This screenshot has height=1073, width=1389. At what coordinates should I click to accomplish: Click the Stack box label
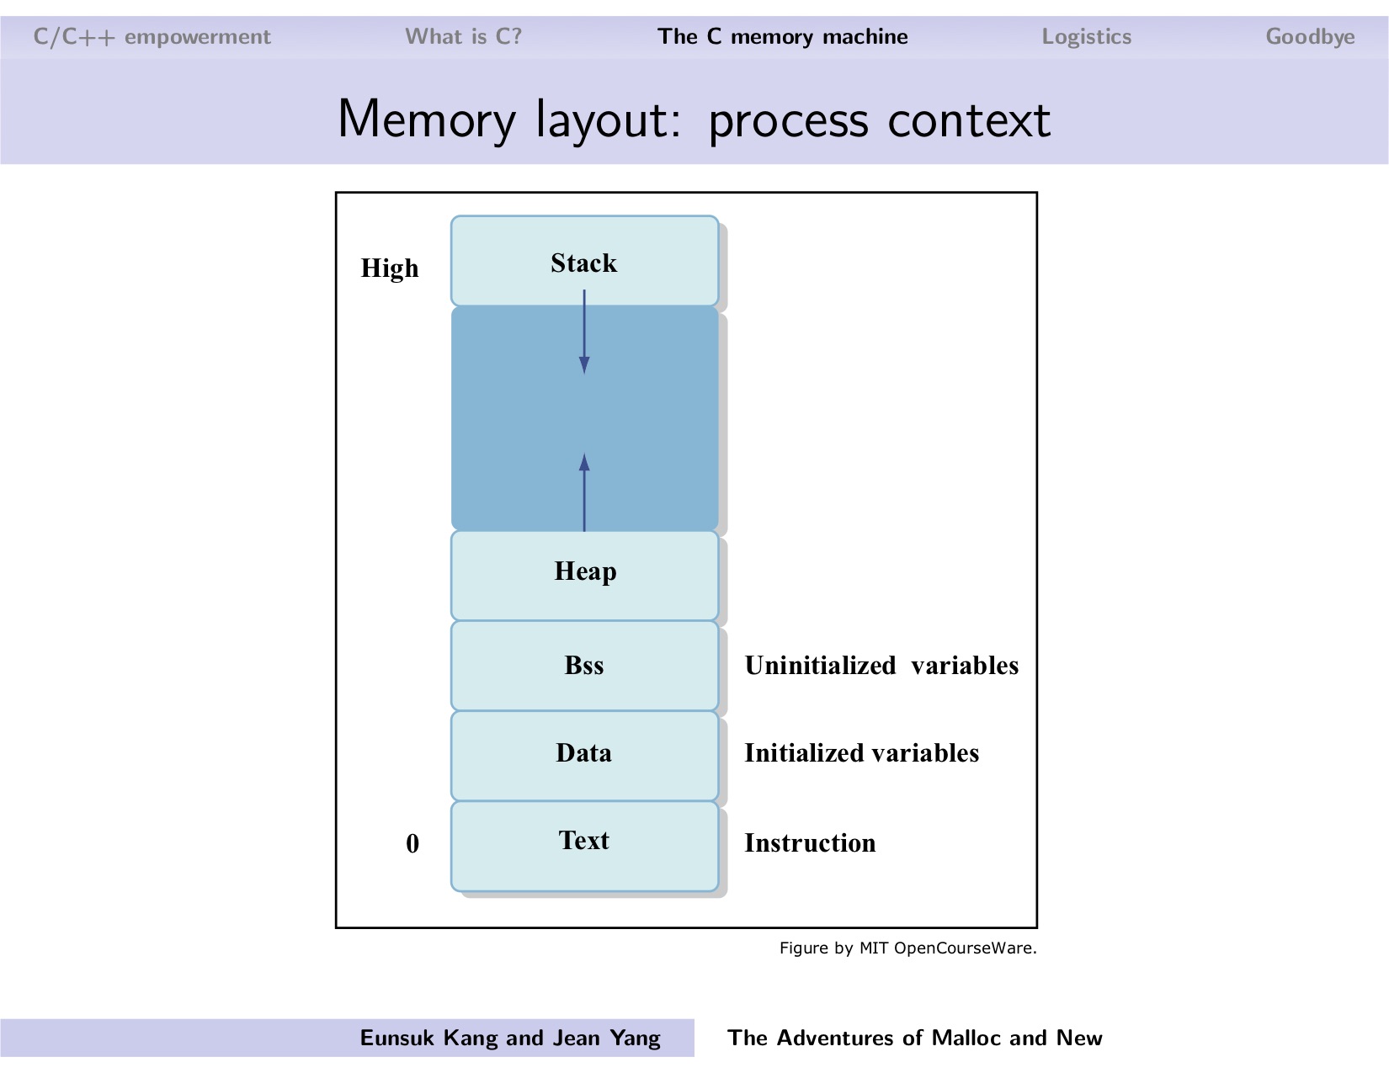click(583, 263)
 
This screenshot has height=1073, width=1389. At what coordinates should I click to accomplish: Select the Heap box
click(585, 575)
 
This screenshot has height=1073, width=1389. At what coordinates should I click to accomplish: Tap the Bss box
click(584, 666)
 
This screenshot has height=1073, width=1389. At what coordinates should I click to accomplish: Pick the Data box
click(584, 754)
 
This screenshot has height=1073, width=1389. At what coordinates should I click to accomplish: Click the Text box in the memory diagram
click(584, 844)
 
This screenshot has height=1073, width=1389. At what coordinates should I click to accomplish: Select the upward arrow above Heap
click(584, 492)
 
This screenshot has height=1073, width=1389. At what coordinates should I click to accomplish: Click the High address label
click(390, 268)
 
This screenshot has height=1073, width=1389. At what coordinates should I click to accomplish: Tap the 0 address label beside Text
click(412, 844)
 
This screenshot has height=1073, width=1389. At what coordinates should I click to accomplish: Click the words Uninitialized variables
click(881, 666)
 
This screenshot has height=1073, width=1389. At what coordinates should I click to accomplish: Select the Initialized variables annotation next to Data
click(861, 753)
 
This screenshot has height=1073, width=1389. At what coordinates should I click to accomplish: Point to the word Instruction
click(810, 843)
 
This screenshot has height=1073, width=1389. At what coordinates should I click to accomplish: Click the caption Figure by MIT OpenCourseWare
click(907, 948)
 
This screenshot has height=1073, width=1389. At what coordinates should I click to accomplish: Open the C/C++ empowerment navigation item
click(152, 37)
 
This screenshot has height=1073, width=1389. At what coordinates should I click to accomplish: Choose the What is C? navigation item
click(463, 37)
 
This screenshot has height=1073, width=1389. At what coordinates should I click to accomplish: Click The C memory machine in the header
click(783, 37)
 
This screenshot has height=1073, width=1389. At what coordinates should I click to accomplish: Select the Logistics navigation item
click(1086, 37)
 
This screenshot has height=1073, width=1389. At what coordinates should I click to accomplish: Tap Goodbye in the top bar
click(1310, 37)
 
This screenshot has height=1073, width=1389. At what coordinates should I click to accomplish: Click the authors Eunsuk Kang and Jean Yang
click(510, 1038)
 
